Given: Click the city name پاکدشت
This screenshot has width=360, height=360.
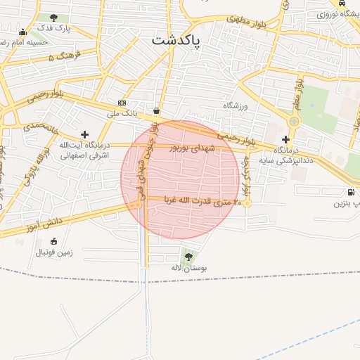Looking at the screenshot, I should (176, 41).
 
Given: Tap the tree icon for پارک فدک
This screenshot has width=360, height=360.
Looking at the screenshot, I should (54, 17).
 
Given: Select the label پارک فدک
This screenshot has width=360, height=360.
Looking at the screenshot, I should (54, 28).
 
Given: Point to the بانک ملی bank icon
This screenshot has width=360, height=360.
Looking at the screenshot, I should (122, 103).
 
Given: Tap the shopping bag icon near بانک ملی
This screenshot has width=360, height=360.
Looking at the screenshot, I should (155, 110).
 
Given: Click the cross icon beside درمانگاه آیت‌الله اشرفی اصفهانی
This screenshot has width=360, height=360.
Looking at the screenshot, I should (85, 134).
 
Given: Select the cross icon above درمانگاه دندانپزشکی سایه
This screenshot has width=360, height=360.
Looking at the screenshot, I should (285, 140).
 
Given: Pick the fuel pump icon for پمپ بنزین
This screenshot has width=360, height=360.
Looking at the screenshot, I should (350, 192).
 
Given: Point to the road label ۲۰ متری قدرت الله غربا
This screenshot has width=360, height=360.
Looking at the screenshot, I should (203, 200).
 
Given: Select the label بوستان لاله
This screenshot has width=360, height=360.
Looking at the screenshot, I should (188, 268).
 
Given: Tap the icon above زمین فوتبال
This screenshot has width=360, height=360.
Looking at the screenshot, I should (54, 242).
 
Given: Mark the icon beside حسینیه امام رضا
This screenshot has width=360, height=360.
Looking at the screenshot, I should (22, 32).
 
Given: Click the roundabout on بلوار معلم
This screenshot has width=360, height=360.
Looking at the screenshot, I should (293, 122).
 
